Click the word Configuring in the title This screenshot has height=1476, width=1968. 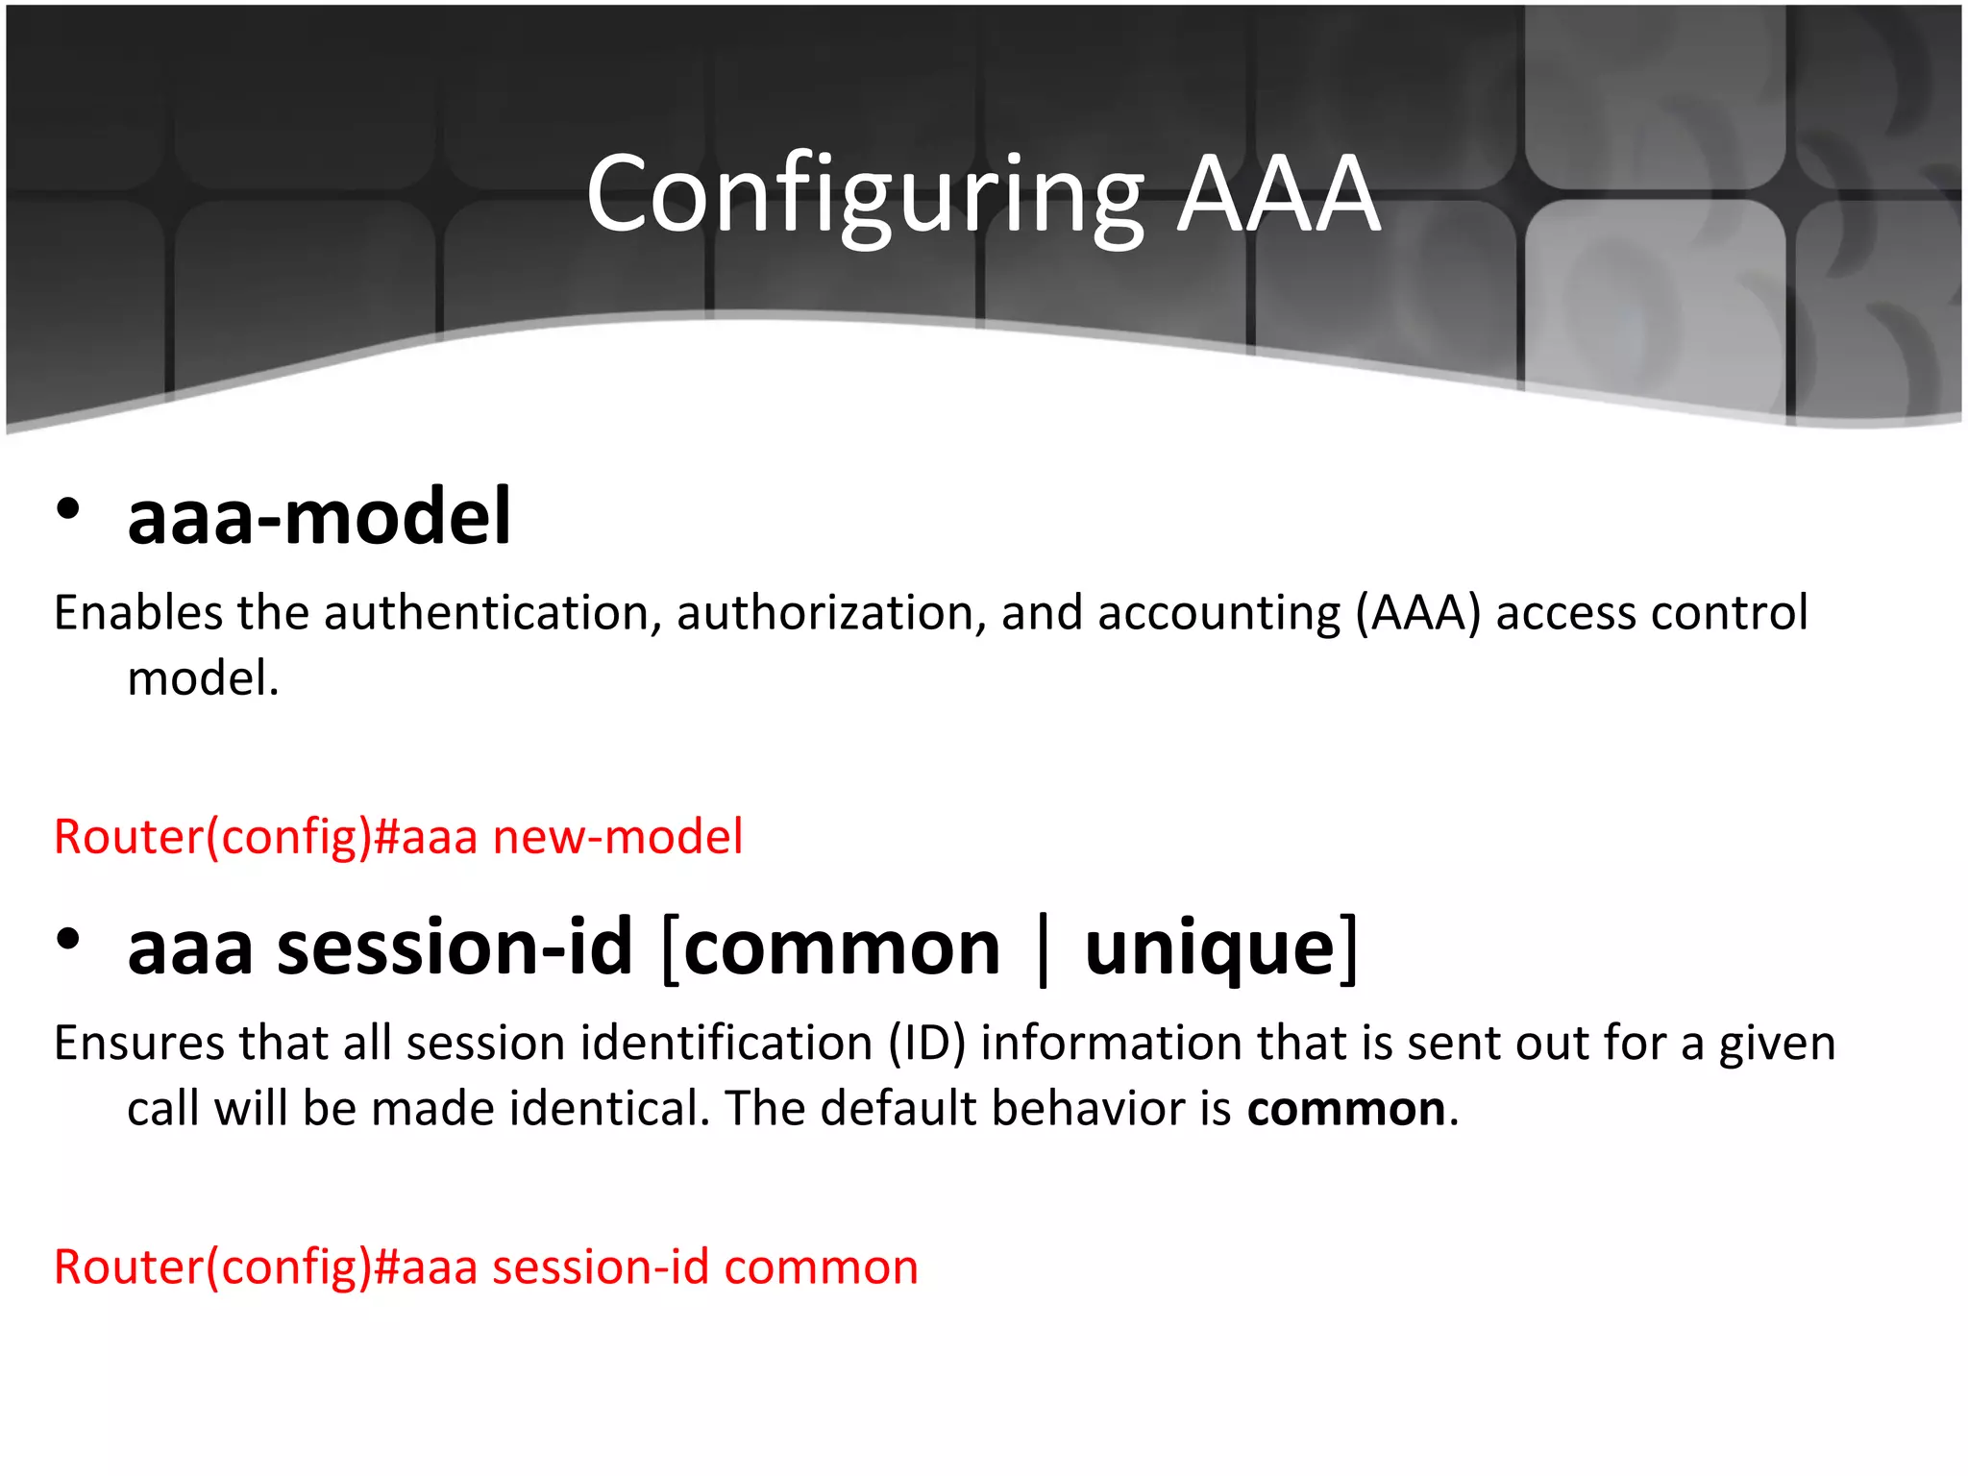(865, 197)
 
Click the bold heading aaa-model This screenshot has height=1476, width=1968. (319, 517)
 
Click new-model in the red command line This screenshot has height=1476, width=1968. (618, 836)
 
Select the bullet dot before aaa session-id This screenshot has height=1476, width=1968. (67, 939)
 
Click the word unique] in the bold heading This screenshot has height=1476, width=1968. (1220, 948)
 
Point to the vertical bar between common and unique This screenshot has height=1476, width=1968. (1044, 948)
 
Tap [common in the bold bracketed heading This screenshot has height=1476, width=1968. (831, 948)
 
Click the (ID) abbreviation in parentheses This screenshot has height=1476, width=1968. (926, 1043)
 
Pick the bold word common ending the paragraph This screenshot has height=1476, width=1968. (1345, 1109)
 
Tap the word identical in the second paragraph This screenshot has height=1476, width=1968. (609, 1109)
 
